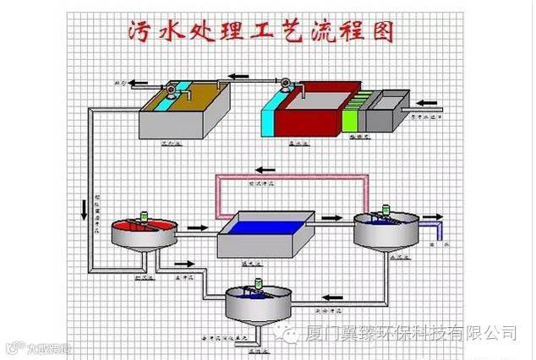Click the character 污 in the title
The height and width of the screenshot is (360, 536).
pyautogui.click(x=139, y=32)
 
